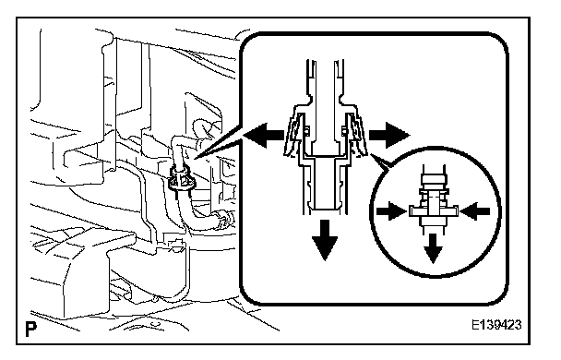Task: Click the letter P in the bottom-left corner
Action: tap(31, 329)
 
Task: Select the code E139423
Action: tap(496, 325)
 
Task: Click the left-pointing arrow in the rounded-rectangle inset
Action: tap(264, 136)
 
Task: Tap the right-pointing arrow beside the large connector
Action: tap(389, 136)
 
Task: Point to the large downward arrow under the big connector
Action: tap(325, 241)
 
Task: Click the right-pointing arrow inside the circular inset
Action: tap(392, 211)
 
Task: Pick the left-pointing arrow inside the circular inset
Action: tap(475, 211)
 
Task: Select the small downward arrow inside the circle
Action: tap(434, 248)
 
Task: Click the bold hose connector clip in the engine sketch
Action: tap(182, 179)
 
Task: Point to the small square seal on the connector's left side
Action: tap(306, 132)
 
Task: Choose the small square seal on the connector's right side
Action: tap(343, 132)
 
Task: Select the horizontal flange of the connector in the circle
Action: tap(434, 211)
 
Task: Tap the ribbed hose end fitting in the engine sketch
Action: tap(222, 218)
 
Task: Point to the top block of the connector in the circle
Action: tap(434, 178)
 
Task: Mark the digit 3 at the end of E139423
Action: tap(518, 325)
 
